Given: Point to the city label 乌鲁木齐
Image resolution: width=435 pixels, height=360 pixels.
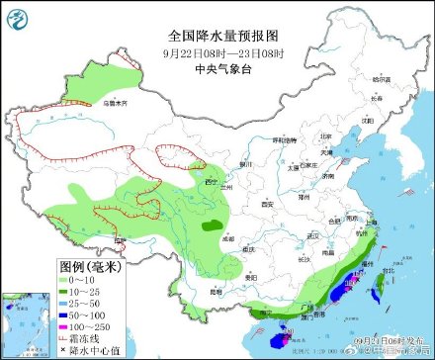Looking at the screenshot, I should pos(116,101).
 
